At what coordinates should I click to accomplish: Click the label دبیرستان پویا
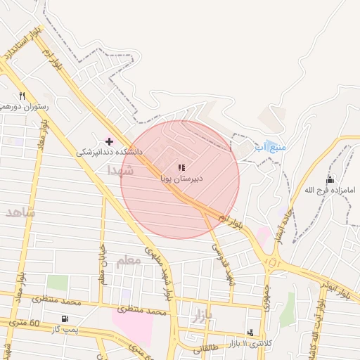pos(182,179)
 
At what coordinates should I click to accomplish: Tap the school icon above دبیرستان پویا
pos(181,168)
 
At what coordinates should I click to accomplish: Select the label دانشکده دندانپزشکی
pos(110,151)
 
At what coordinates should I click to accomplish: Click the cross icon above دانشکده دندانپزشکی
pos(109,141)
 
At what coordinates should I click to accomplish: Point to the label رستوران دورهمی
pos(24,105)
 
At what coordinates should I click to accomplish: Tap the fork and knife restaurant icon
pos(22,96)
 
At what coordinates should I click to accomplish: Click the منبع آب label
pos(270,147)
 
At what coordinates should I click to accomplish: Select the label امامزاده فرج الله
pos(330,190)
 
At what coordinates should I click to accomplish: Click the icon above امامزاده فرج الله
pos(330,180)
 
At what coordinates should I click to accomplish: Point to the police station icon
pos(251,333)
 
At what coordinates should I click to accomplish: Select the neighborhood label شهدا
pos(120,170)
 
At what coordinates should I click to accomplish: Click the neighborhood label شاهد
pos(20,212)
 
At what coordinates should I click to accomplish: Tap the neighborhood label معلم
pos(128,261)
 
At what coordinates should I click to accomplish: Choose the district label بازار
pos(201,316)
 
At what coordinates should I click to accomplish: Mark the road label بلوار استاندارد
pos(22,44)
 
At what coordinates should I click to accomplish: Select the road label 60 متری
pos(44,323)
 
